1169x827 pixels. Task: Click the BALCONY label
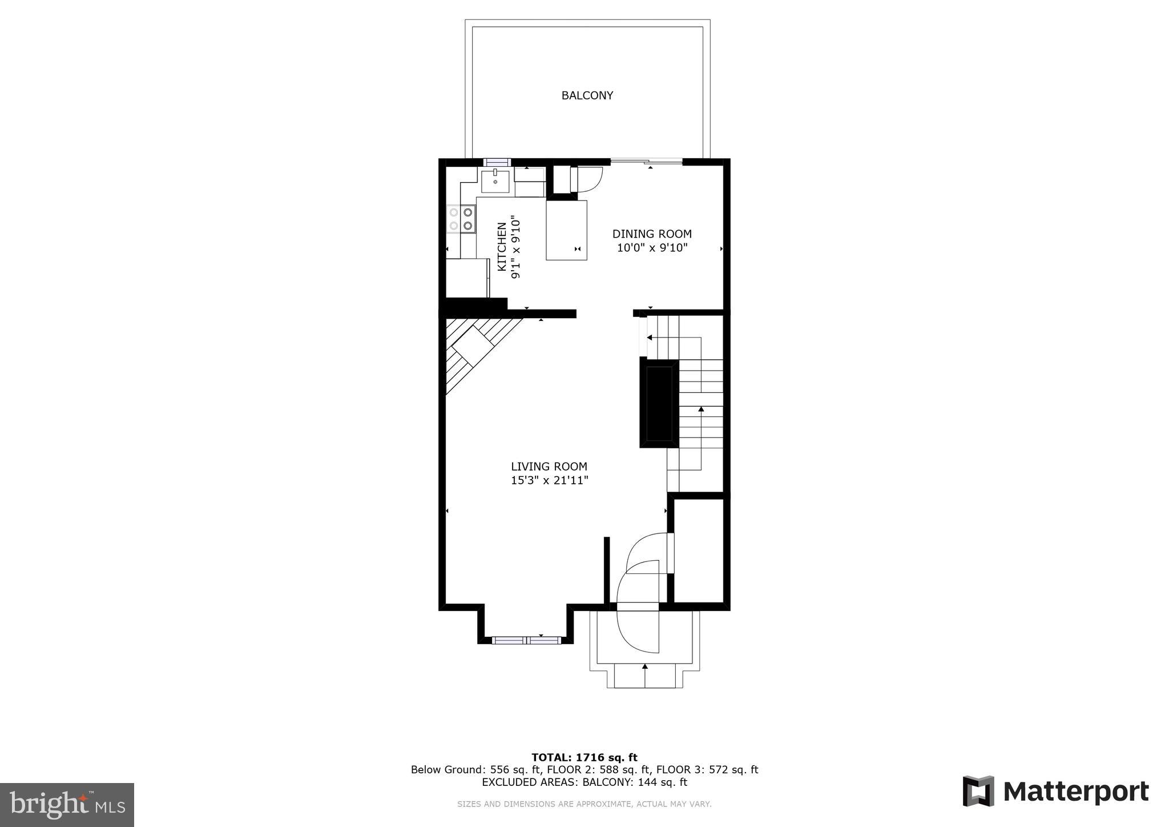click(x=587, y=95)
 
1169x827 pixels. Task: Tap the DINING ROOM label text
click(x=652, y=234)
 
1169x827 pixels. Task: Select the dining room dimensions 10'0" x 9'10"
click(x=652, y=248)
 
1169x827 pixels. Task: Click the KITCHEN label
click(x=502, y=247)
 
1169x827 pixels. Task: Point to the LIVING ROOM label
click(x=549, y=467)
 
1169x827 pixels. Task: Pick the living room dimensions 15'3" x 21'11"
click(x=549, y=480)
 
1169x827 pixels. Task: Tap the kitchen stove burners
click(x=461, y=219)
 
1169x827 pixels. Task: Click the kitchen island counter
click(x=566, y=230)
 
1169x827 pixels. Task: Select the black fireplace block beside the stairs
click(x=659, y=402)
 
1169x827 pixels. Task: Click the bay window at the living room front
click(x=526, y=640)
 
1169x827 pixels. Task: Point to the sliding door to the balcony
click(x=646, y=162)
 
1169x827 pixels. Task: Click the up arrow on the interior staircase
click(x=701, y=410)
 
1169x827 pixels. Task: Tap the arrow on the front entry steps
click(x=645, y=667)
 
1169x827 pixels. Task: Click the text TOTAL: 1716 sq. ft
click(x=584, y=757)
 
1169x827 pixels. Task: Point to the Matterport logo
click(x=1055, y=791)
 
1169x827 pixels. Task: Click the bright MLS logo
click(x=67, y=805)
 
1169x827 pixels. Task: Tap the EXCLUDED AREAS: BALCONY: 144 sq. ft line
click(x=584, y=782)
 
